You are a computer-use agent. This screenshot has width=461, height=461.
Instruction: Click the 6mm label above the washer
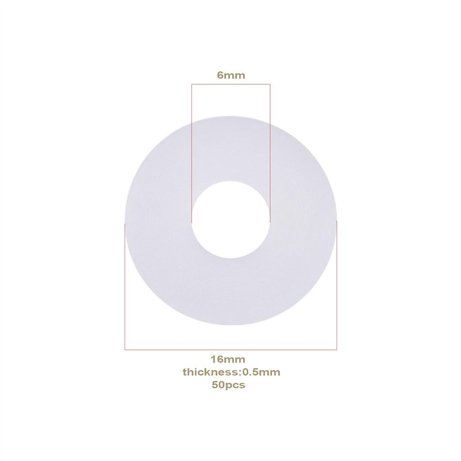click(x=231, y=75)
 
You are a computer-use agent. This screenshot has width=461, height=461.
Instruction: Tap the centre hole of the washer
click(x=231, y=219)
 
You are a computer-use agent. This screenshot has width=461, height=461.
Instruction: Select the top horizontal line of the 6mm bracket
click(x=231, y=85)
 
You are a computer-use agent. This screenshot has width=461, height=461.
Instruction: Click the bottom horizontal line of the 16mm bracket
click(x=231, y=350)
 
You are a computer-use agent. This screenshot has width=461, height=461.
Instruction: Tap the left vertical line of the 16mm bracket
click(x=124, y=288)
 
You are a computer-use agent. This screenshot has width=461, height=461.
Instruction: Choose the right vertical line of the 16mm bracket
click(x=337, y=288)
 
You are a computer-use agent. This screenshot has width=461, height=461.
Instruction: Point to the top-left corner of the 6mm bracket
click(x=191, y=85)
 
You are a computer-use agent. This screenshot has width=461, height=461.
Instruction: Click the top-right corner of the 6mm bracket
click(x=270, y=85)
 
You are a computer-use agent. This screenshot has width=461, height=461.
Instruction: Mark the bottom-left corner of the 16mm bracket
click(x=124, y=350)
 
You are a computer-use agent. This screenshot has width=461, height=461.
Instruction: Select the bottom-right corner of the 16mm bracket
click(x=337, y=350)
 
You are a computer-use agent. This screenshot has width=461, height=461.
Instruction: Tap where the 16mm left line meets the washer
click(x=124, y=222)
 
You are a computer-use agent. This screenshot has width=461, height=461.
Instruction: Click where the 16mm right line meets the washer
click(x=337, y=222)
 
